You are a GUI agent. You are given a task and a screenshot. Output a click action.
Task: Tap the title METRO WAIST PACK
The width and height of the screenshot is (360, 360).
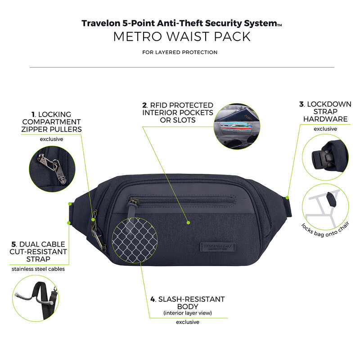tap(182, 36)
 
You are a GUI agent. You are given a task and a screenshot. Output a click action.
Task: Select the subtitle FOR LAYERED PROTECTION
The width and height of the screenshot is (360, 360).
tap(180, 52)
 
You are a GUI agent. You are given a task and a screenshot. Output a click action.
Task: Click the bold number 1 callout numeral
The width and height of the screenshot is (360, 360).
tap(33, 114)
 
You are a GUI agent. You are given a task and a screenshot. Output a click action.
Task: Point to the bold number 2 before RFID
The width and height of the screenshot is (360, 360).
tap(144, 105)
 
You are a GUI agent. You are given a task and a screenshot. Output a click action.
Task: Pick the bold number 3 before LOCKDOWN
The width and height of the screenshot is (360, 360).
tap(301, 104)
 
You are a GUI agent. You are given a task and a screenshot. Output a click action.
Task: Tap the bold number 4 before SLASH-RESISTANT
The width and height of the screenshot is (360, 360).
tap(153, 299)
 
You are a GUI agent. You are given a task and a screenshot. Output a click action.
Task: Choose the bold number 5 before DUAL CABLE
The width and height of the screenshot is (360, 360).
tap(14, 244)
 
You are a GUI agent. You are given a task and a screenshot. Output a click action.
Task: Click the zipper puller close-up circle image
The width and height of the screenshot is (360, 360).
tap(52, 169)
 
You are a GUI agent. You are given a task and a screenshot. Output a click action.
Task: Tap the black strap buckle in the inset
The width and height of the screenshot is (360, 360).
tap(321, 158)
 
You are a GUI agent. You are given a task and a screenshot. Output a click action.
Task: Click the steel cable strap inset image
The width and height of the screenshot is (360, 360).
tap(36, 298)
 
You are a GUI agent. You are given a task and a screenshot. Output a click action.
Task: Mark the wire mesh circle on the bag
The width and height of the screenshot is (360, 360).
tap(135, 240)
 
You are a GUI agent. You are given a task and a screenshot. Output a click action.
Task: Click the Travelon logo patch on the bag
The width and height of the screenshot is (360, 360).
tap(218, 247)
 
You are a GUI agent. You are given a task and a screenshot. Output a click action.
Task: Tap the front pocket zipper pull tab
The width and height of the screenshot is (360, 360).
tap(132, 209)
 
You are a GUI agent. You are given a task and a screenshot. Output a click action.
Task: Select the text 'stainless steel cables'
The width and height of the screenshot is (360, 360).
tap(38, 269)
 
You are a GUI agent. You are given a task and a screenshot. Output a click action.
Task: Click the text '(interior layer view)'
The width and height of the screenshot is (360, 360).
tap(188, 313)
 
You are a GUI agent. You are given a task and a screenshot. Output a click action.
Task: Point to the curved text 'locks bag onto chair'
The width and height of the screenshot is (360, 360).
tap(325, 230)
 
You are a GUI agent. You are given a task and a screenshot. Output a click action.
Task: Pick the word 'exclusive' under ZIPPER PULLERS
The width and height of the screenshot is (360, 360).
tap(51, 139)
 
